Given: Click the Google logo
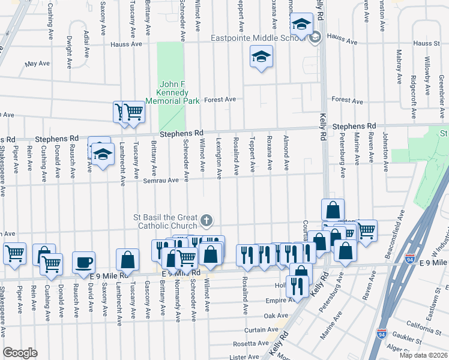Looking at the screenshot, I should (x=20, y=353).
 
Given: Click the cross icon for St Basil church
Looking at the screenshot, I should (x=206, y=221).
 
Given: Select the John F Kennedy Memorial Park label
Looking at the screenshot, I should (x=174, y=93).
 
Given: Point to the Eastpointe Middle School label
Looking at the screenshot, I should (x=259, y=38).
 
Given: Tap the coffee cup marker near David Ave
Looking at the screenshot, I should (x=84, y=262).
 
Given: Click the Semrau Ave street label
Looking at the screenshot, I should (x=160, y=180).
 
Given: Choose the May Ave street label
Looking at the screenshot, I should (x=37, y=63).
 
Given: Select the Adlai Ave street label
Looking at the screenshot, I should (x=87, y=44).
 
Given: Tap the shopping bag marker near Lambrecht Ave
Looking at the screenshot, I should (x=127, y=260).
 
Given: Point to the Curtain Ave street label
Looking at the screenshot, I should (x=261, y=330).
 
